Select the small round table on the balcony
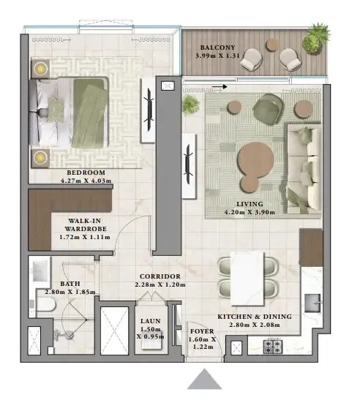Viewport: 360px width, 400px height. (272, 45)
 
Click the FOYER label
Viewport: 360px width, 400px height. (203, 331)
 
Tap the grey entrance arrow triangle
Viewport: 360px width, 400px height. (203, 380)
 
